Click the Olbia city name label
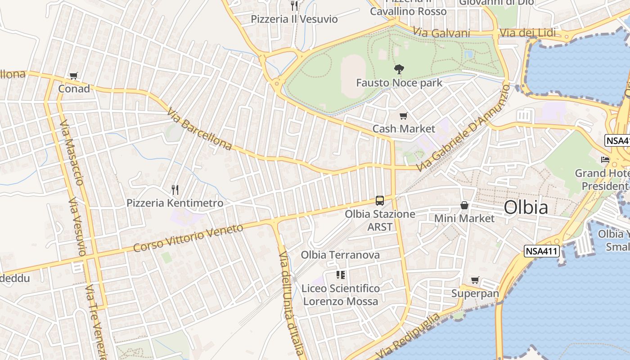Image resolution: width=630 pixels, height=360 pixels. [526, 207]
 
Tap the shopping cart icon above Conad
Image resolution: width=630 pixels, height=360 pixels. [74, 76]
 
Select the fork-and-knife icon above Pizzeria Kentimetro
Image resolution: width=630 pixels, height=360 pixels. [175, 190]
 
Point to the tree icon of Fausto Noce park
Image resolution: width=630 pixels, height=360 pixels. [399, 69]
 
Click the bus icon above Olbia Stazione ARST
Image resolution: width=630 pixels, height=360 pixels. [380, 201]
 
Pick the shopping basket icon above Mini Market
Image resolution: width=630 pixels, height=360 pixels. [464, 206]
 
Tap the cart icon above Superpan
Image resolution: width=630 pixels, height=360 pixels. [475, 280]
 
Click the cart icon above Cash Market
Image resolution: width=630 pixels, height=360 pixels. [404, 116]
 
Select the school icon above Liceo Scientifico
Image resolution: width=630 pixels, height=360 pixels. [341, 275]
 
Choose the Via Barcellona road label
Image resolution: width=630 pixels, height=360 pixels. [199, 129]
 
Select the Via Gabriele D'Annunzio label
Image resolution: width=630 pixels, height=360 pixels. [463, 128]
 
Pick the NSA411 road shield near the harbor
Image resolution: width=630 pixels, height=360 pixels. [541, 252]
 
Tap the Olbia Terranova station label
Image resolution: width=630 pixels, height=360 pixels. [340, 255]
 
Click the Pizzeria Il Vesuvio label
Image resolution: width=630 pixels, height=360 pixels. [294, 19]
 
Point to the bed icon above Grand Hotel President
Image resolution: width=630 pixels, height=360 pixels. [606, 160]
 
